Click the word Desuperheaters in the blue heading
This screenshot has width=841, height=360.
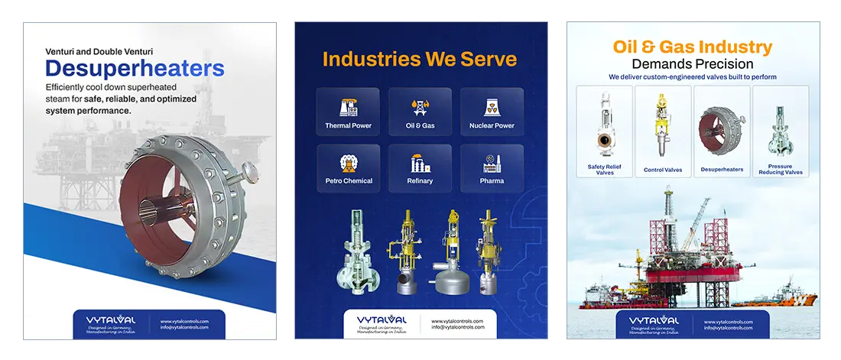tap(135, 70)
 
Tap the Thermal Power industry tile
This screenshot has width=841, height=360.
tap(348, 112)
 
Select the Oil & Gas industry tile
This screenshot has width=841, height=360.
tap(420, 112)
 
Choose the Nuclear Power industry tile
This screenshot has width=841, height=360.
tap(492, 112)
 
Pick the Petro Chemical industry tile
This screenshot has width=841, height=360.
tap(348, 168)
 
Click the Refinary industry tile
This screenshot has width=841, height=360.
tap(420, 168)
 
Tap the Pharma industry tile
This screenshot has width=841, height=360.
tap(492, 168)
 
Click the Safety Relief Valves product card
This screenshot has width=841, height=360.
tap(605, 131)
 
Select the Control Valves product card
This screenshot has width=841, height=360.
tap(663, 131)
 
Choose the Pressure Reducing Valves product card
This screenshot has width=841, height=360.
tap(781, 131)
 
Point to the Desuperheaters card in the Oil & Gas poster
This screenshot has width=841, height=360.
tap(722, 131)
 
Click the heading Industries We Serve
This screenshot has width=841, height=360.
tap(420, 59)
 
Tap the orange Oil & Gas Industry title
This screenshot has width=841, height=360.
tap(693, 47)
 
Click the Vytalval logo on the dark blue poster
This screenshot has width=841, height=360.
tap(382, 321)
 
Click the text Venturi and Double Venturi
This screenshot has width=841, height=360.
tap(99, 52)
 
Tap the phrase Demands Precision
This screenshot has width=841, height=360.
tap(693, 64)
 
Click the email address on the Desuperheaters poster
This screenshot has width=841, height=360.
tap(184, 327)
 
